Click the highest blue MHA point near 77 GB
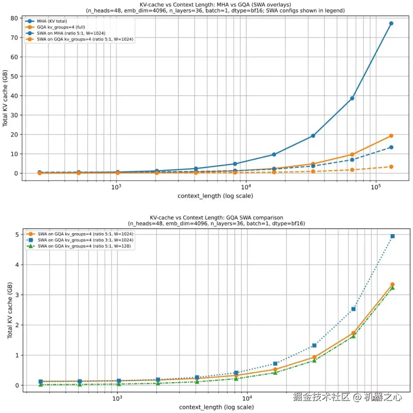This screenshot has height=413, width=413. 391,23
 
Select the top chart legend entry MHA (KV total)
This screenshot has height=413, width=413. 52,21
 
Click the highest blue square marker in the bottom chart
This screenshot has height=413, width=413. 392,236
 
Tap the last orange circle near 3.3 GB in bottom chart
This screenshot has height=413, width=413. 392,285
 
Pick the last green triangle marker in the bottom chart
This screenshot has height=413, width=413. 392,288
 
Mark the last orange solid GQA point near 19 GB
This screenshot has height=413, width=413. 391,136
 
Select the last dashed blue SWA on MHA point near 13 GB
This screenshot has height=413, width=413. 391,147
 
